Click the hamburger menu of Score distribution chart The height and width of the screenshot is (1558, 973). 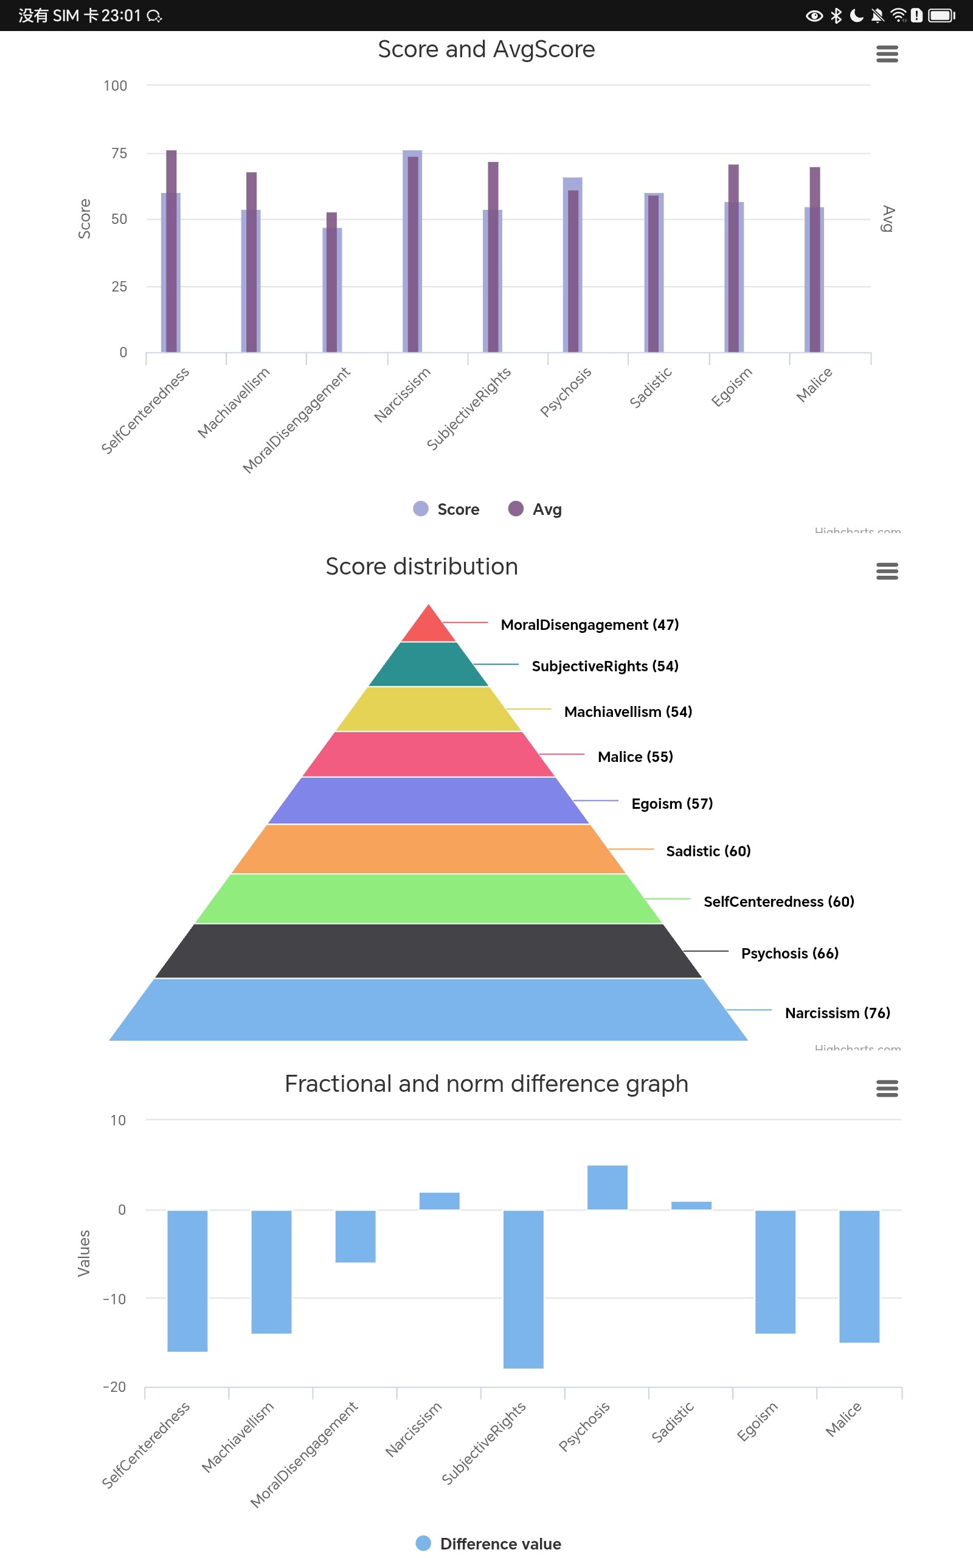[887, 571]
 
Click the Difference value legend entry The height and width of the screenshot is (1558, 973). [488, 1543]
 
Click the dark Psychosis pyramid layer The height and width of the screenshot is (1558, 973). [429, 951]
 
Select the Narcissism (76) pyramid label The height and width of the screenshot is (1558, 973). [837, 1013]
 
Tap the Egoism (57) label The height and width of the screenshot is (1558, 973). [672, 803]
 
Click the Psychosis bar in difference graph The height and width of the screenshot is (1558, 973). [607, 1187]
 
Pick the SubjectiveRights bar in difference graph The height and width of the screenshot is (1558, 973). [523, 1289]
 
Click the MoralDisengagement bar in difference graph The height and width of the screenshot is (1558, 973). [355, 1236]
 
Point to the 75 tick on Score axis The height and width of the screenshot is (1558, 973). [119, 153]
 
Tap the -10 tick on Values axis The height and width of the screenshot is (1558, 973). [114, 1299]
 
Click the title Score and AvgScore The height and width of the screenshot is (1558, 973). [486, 49]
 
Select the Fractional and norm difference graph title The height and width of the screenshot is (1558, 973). [486, 1083]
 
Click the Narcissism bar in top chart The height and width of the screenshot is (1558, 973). [412, 251]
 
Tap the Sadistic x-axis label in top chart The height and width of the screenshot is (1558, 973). [651, 387]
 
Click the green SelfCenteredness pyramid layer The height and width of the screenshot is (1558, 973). [429, 899]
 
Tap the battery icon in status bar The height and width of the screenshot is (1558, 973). [941, 15]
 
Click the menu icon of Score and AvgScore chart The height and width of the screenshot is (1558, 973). [887, 54]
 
